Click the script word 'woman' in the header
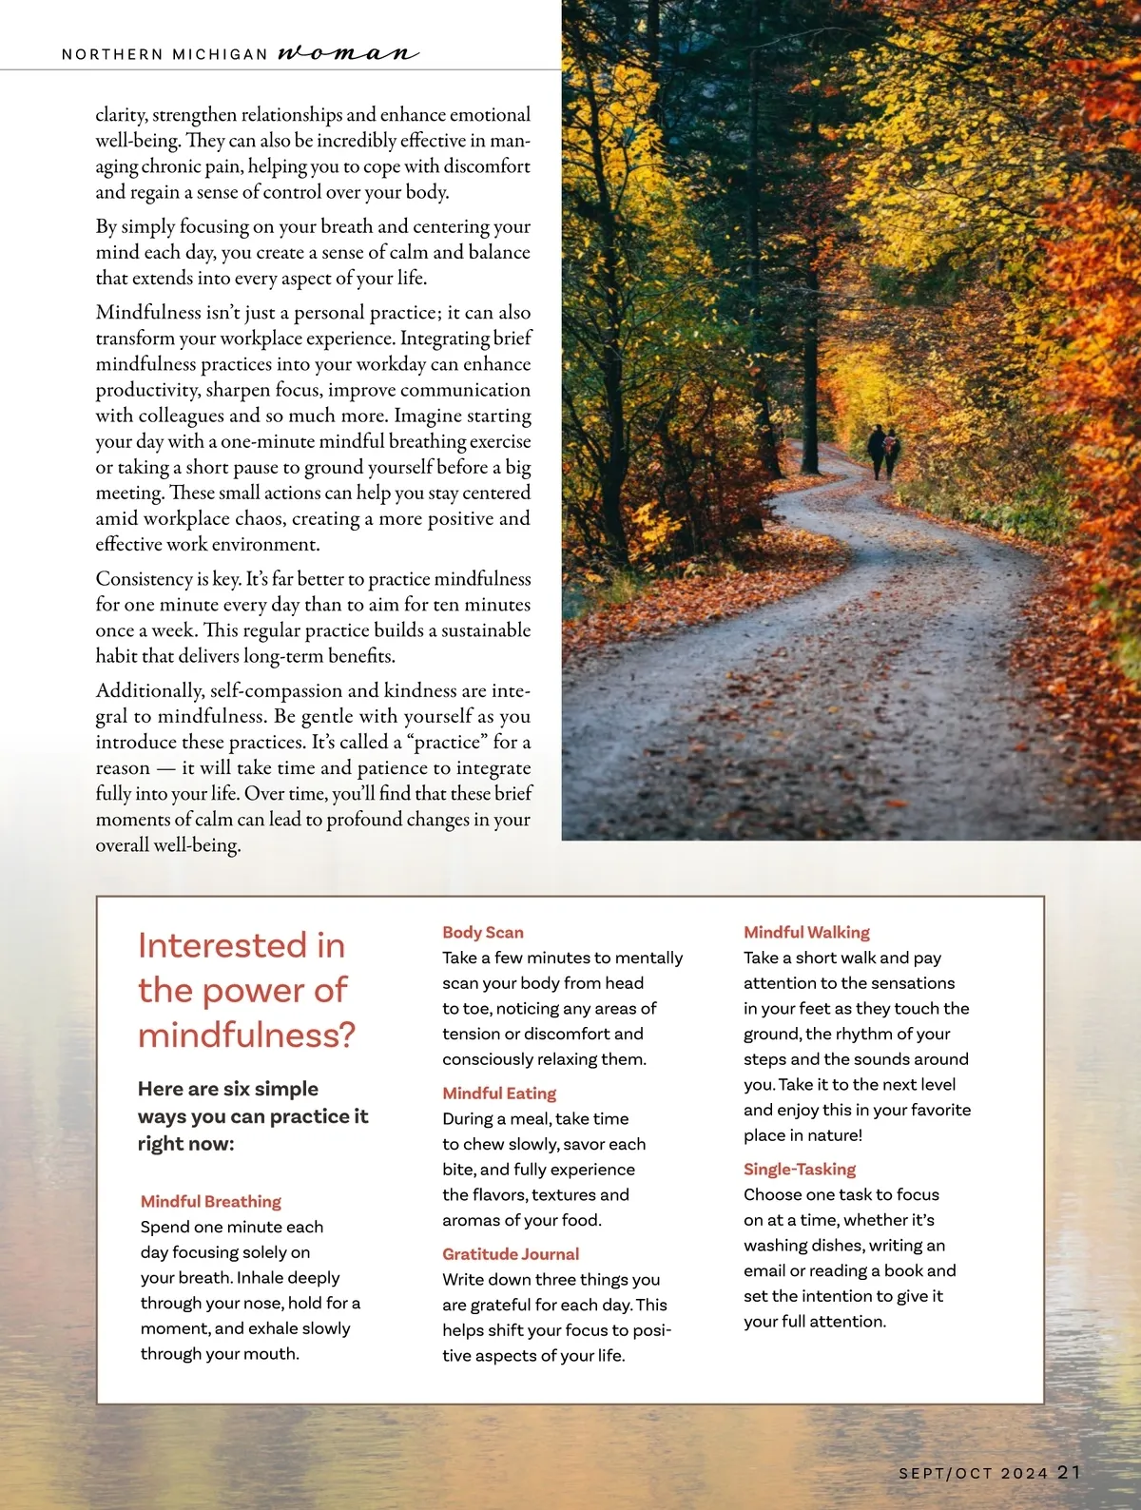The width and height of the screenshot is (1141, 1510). point(347,52)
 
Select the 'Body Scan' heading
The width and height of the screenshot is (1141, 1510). point(483,932)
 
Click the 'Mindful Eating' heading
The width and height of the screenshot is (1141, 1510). point(499,1093)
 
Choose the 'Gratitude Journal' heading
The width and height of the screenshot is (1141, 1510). point(511,1253)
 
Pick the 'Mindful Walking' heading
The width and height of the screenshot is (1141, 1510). point(806,932)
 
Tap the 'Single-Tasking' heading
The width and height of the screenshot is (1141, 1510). point(800,1169)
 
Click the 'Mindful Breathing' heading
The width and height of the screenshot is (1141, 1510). point(211,1201)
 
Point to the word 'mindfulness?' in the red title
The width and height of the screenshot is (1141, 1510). point(246,1035)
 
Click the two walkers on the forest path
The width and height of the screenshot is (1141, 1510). point(883,452)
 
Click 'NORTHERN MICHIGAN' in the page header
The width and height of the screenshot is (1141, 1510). point(164,54)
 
